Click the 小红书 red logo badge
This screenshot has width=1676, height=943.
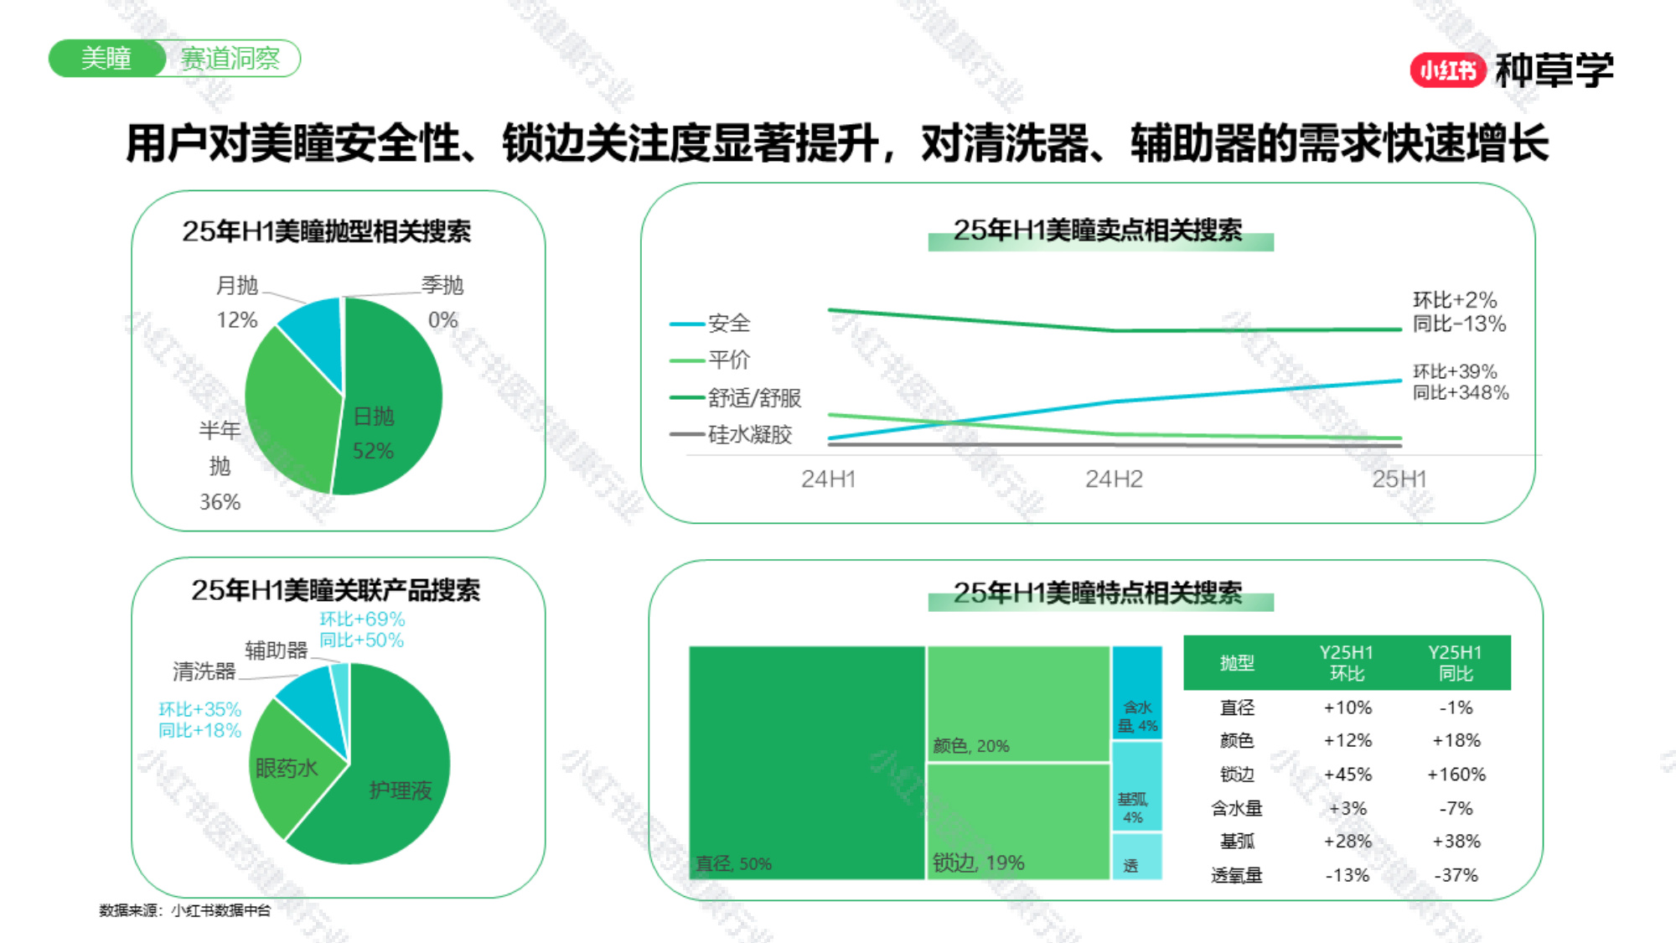click(1448, 70)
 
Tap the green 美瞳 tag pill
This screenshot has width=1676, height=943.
click(106, 59)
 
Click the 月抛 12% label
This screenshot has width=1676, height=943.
click(237, 302)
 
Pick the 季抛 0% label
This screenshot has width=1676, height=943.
click(442, 302)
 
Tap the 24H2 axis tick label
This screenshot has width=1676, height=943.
click(1114, 479)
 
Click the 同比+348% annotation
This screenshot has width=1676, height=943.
click(1461, 392)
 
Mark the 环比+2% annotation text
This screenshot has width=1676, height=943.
click(1455, 300)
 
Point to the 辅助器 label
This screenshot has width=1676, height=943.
click(277, 650)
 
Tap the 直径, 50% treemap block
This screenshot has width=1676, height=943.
click(806, 763)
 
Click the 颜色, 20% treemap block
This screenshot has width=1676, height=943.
click(1018, 704)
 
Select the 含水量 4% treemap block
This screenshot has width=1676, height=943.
click(1137, 692)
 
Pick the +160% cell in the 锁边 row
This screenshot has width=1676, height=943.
click(1456, 775)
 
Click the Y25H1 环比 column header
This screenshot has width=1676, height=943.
click(1347, 663)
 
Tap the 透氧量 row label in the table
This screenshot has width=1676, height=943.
click(1236, 876)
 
